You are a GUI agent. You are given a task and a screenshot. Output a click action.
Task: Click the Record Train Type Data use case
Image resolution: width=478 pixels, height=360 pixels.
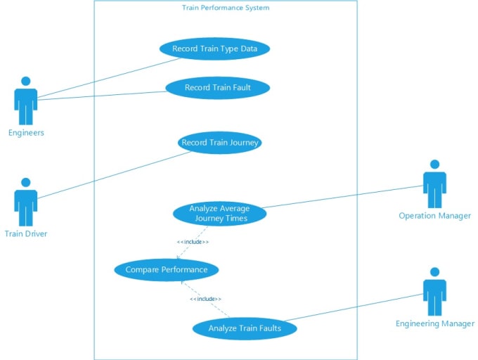(x=214, y=49)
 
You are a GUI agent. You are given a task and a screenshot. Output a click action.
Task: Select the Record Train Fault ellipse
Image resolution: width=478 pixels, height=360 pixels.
(x=218, y=88)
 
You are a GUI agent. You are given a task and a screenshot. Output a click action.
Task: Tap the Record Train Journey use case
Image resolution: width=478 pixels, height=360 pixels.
(x=220, y=143)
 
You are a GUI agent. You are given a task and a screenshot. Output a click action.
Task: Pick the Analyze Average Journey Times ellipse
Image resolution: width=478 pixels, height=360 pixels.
(x=220, y=213)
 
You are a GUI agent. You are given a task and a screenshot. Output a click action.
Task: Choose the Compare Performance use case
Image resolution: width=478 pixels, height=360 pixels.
(x=167, y=270)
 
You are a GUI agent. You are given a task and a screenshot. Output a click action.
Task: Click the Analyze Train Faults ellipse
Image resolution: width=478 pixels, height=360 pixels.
(x=245, y=328)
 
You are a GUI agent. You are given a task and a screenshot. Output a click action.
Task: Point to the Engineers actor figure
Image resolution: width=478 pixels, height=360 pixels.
(x=26, y=101)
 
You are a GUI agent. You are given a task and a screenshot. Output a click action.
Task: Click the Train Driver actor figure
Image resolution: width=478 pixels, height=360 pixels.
(x=26, y=202)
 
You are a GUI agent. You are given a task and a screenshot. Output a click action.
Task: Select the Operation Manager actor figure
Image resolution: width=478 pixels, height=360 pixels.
(x=434, y=184)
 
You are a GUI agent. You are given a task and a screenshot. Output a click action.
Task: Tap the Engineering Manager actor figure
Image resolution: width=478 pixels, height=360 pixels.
(x=434, y=292)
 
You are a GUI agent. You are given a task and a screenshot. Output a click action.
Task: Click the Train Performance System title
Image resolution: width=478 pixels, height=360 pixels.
(x=226, y=8)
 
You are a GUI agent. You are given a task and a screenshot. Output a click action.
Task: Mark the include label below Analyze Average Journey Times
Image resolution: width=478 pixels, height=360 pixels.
(x=193, y=242)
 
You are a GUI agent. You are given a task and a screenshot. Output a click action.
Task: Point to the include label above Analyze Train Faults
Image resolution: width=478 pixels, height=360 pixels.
(x=205, y=299)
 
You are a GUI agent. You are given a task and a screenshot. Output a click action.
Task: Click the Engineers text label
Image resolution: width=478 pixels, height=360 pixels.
(x=26, y=133)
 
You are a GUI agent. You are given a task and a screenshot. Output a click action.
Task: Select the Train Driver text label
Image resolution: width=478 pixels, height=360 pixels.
(x=26, y=234)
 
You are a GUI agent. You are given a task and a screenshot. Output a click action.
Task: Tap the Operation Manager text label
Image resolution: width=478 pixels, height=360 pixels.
(x=434, y=216)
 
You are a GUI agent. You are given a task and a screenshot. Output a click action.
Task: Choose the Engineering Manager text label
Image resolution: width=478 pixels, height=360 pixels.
(x=435, y=323)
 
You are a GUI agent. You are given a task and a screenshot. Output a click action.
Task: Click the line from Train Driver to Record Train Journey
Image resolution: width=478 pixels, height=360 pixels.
(x=115, y=175)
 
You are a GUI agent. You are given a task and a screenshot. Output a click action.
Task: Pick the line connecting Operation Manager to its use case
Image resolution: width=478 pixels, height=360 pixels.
(x=342, y=197)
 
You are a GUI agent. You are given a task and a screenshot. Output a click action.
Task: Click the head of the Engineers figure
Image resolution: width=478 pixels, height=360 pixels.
(x=26, y=81)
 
